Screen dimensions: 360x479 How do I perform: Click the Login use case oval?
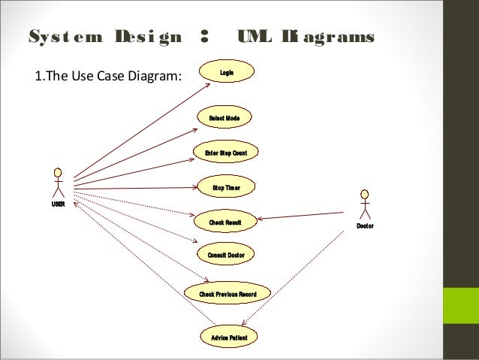coord(226,72)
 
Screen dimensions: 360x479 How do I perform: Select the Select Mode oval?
coord(224,117)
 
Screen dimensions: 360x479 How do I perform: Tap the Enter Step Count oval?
coord(225,153)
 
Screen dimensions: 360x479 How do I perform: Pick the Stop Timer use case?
coord(225,187)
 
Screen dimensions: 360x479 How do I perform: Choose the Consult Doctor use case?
coord(226,255)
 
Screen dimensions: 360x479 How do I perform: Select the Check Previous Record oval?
coord(227,293)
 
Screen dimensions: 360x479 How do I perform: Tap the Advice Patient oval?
coord(228,336)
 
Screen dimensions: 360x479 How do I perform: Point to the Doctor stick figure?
coord(365,204)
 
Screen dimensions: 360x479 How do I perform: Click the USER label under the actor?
coord(58,204)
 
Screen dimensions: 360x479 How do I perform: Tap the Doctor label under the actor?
coord(365,225)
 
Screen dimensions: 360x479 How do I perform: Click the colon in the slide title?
coord(203,38)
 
